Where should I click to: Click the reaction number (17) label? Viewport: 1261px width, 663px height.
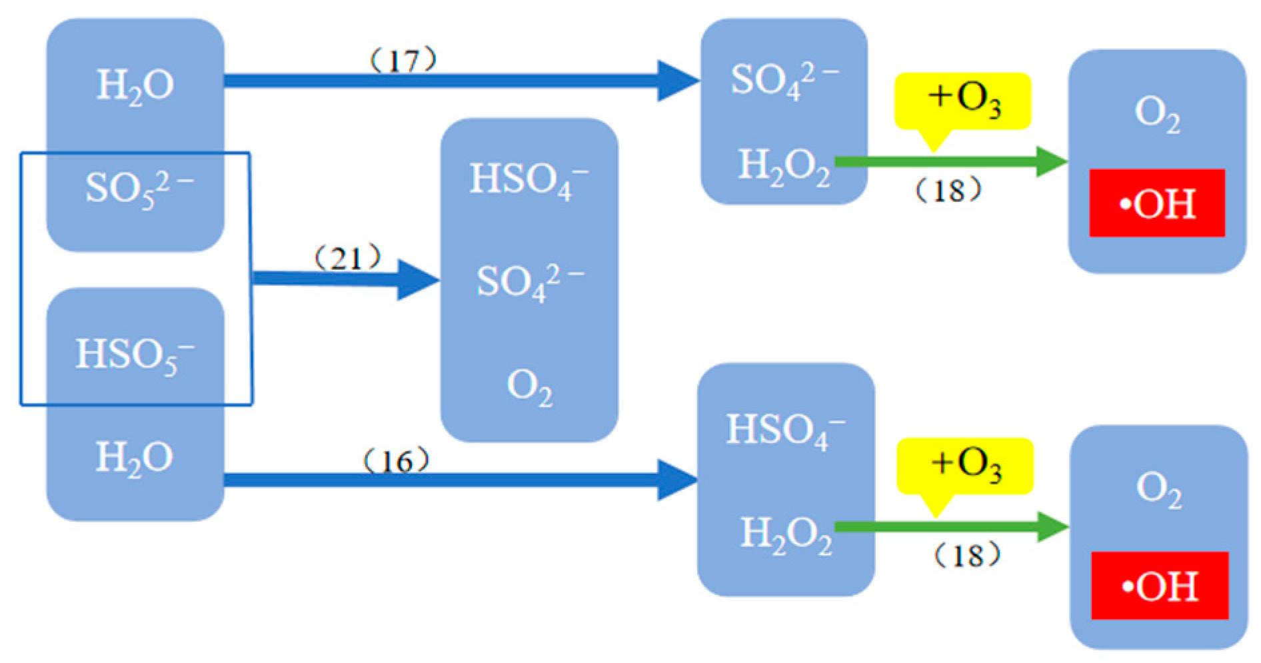403,61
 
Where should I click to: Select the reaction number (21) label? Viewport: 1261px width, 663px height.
347,257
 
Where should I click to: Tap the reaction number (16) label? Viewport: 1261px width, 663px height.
396,460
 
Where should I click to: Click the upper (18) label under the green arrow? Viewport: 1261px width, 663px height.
948,191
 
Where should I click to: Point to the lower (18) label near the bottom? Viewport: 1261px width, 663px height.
966,555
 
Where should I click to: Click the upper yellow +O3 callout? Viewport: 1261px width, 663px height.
962,101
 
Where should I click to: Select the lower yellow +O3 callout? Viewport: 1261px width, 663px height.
964,466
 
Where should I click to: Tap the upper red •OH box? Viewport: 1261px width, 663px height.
1156,203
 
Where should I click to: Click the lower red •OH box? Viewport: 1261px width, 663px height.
1159,586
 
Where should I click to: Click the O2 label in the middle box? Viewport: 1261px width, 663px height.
529,387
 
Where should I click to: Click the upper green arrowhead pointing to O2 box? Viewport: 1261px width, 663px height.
1052,161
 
